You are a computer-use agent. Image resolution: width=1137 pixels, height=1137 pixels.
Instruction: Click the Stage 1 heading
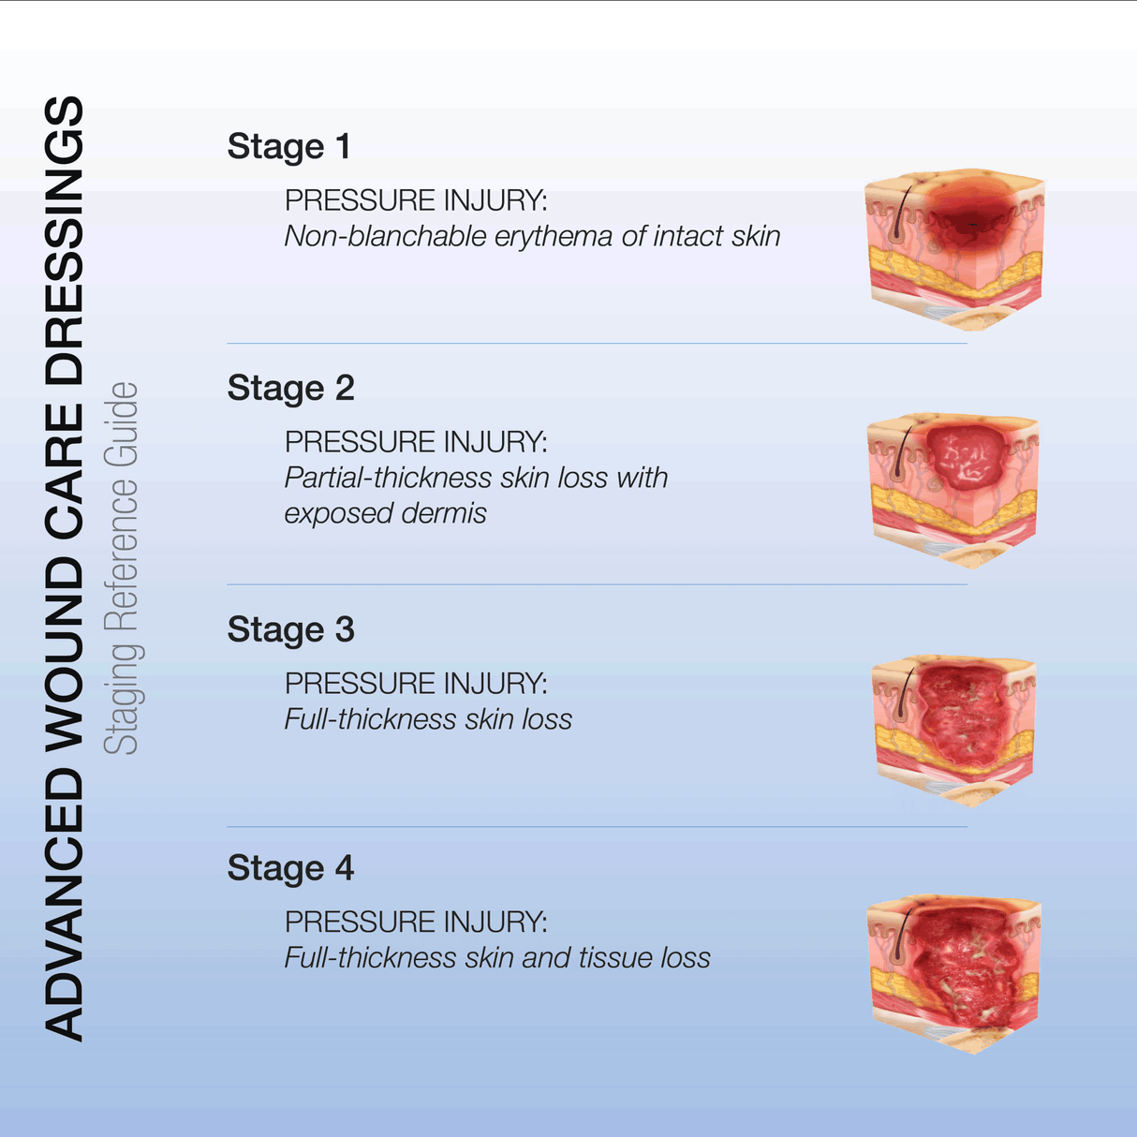[288, 147]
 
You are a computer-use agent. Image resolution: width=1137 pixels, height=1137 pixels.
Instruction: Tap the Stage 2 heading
[290, 389]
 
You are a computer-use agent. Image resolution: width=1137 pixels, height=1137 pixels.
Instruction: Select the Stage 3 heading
[290, 630]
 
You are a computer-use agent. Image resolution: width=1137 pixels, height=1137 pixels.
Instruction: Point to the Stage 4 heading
[290, 869]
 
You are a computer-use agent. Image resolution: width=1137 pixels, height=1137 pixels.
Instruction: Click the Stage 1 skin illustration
[954, 247]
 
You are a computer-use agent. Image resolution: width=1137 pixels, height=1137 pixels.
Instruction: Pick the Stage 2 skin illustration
[954, 489]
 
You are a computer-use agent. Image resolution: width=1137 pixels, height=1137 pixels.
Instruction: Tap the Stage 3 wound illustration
[954, 730]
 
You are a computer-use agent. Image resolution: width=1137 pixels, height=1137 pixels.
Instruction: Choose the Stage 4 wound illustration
[954, 971]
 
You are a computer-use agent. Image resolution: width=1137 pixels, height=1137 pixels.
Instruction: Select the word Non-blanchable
[386, 237]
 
